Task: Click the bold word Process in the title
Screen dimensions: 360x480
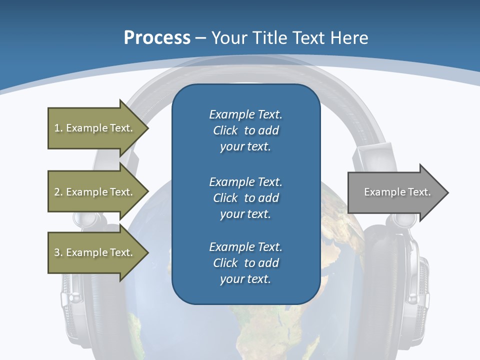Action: pyautogui.click(x=157, y=38)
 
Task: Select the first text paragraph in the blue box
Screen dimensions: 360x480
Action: pyautogui.click(x=245, y=130)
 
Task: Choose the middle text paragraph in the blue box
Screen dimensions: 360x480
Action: pyautogui.click(x=245, y=197)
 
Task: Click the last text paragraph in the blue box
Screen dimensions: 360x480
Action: pyautogui.click(x=245, y=263)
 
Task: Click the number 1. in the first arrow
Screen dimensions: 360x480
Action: pyautogui.click(x=58, y=128)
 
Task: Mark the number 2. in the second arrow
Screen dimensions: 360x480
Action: pyautogui.click(x=58, y=192)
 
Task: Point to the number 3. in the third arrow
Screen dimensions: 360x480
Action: pyautogui.click(x=58, y=252)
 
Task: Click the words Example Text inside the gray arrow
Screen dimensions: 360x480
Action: pyautogui.click(x=397, y=192)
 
